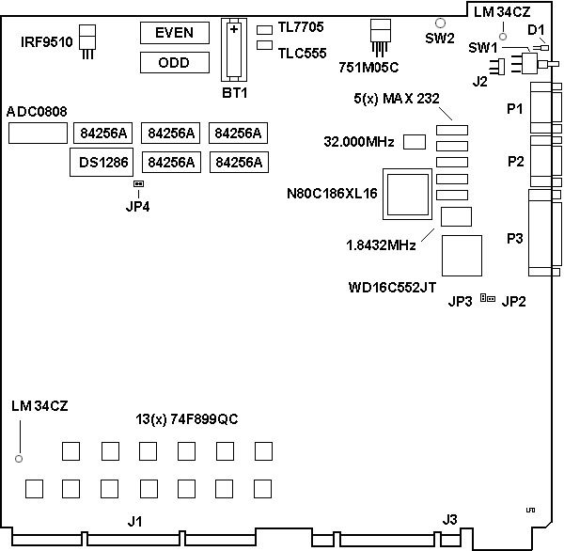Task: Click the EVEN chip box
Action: (x=176, y=33)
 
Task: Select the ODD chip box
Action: (x=176, y=63)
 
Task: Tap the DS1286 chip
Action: (x=103, y=163)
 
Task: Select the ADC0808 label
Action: (x=37, y=112)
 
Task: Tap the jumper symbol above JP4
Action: (x=138, y=184)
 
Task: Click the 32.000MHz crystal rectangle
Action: (x=414, y=142)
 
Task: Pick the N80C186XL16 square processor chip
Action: (x=407, y=193)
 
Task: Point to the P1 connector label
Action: (x=514, y=109)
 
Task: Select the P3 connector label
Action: (x=514, y=239)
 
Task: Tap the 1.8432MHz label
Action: (x=382, y=245)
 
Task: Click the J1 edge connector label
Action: (x=135, y=520)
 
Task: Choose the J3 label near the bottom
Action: (x=450, y=518)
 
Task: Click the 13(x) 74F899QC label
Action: (x=187, y=419)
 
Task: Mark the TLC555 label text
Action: (x=302, y=54)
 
